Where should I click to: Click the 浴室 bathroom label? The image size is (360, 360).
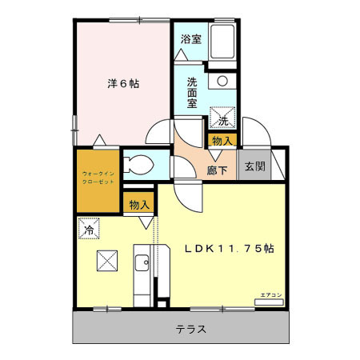pos(190,38)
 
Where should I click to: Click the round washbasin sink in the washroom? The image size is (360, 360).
pos(222,81)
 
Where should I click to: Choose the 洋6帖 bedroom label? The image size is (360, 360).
pos(123,83)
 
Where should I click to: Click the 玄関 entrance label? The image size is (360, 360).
pos(254,166)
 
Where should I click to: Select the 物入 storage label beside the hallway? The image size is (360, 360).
pos(222,141)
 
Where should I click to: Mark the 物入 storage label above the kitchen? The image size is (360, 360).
pos(139,205)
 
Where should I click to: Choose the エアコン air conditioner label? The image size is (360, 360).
pos(270,295)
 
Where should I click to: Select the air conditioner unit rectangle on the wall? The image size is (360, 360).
pos(268,303)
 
